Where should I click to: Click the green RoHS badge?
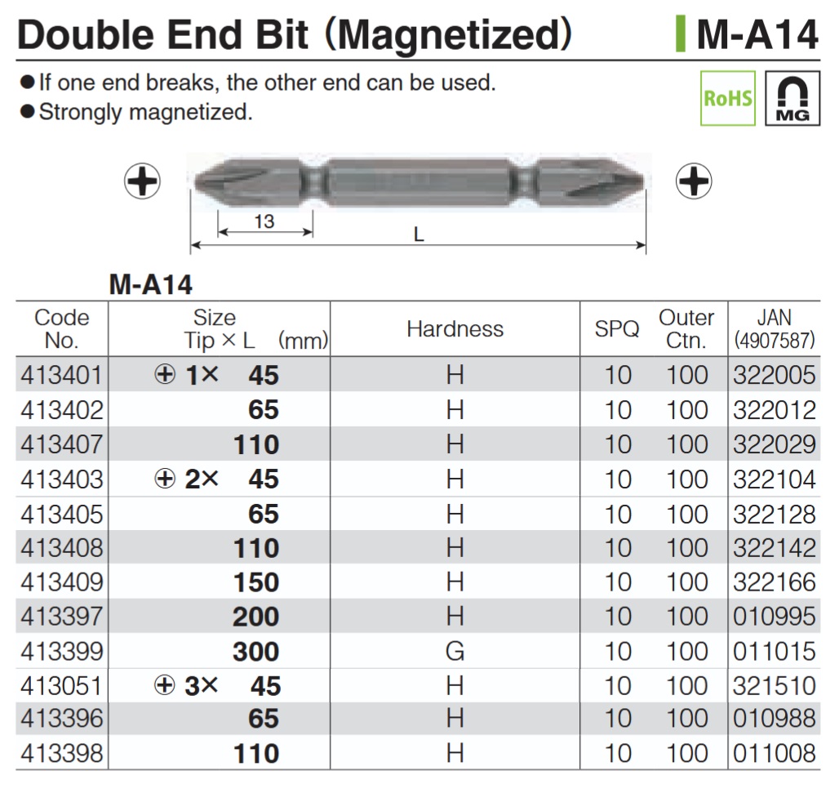coord(728,98)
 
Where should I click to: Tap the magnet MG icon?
coord(792,98)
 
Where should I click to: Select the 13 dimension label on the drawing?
coord(264,221)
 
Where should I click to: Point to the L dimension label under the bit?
coord(419,234)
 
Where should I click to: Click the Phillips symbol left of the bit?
coord(143,181)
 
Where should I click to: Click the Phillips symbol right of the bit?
coord(694,181)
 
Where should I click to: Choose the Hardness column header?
coord(455,329)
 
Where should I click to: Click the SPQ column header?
coord(617,329)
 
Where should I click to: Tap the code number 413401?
coord(62,375)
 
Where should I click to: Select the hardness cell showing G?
coord(455,651)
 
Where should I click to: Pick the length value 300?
coord(255,651)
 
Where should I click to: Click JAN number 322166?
coord(774,582)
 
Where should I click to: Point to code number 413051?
coord(62,685)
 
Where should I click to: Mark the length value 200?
coord(255,617)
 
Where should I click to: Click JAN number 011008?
coord(774,753)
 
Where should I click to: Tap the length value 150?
coord(255,582)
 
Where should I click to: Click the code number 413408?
coord(62,548)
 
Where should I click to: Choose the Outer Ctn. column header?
coord(686,329)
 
